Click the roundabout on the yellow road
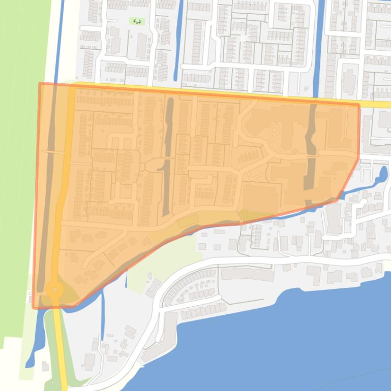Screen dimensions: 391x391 (x=54, y=290)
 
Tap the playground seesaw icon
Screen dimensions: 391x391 (x=136, y=21)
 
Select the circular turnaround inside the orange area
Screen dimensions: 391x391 (x=274, y=131)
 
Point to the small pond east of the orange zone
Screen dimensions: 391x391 (x=381, y=175)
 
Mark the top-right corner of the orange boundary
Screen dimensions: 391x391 (x=358, y=105)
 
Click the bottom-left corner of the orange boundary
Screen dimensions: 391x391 (x=34, y=307)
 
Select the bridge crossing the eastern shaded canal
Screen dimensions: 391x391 (x=311, y=156)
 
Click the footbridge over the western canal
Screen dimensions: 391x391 (x=52, y=151)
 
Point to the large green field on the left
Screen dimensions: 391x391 (x=18, y=152)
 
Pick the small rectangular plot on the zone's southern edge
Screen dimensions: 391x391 (x=187, y=221)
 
